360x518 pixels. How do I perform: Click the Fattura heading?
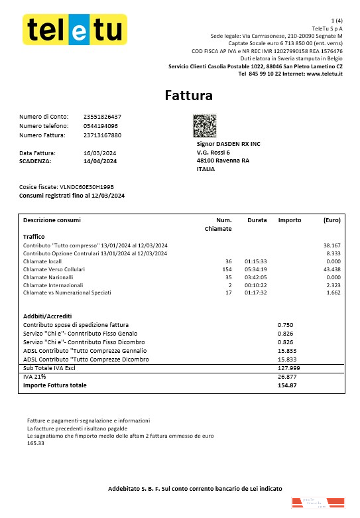tap(189, 96)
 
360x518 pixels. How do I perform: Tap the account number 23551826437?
tap(103, 117)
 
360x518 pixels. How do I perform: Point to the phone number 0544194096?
tap(101, 126)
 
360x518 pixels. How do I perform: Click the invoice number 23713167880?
tap(103, 135)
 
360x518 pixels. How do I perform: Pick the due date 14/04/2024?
tap(100, 161)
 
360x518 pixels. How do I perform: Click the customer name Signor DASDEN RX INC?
tap(229, 143)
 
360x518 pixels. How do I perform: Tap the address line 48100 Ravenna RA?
tap(223, 161)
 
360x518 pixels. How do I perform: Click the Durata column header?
tap(257, 220)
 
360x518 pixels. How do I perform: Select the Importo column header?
tap(290, 220)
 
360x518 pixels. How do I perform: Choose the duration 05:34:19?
tap(255, 269)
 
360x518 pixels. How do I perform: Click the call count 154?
tap(227, 269)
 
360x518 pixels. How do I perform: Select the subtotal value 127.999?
tap(289, 367)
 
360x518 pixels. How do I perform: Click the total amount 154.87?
tap(287, 385)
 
